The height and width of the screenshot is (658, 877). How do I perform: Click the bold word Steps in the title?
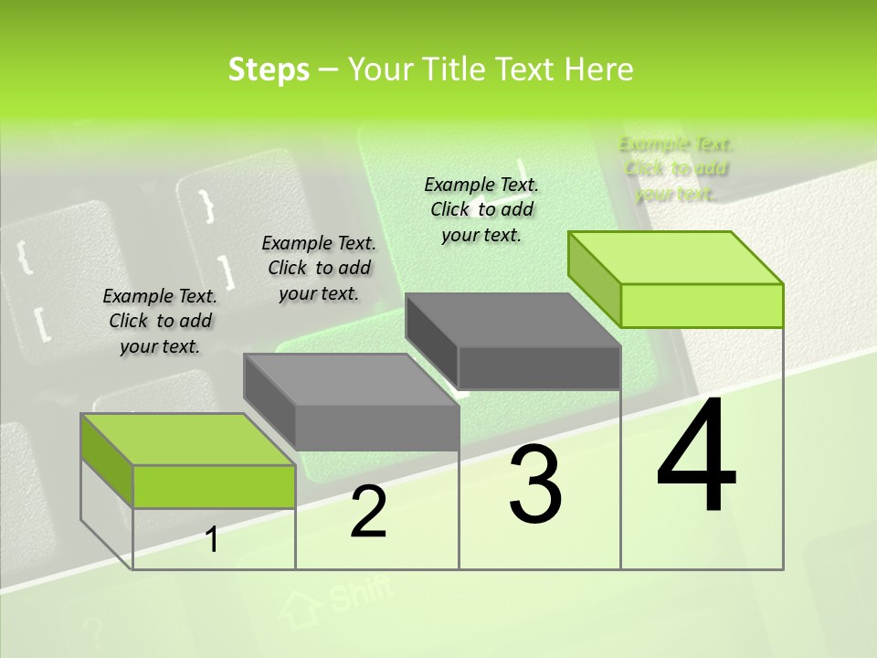tap(269, 70)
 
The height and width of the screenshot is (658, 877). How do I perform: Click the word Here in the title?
tap(598, 70)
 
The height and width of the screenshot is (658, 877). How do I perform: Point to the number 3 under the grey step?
tap(535, 483)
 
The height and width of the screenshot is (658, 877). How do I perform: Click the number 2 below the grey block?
tap(368, 512)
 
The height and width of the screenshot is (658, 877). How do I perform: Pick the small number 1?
tap(212, 539)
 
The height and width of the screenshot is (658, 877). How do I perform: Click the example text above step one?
tap(160, 321)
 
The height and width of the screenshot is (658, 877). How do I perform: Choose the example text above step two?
tap(319, 268)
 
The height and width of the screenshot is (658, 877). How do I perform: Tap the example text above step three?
tap(481, 209)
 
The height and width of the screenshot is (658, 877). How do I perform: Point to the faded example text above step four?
tap(676, 168)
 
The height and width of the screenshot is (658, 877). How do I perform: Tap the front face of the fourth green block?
tap(702, 305)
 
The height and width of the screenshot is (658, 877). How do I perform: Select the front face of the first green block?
tap(214, 486)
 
